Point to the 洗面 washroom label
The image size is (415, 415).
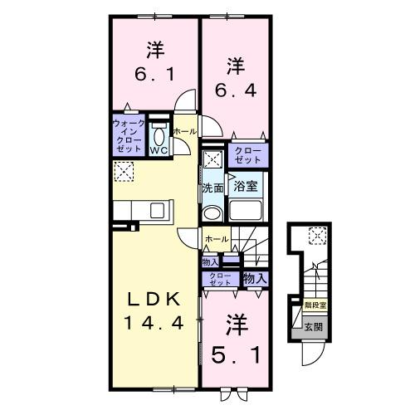coord(212,188)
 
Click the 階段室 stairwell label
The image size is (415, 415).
coord(315,305)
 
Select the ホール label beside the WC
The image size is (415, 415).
coord(184,132)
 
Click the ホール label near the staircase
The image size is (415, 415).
coord(217,239)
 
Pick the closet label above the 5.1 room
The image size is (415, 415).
coord(219,279)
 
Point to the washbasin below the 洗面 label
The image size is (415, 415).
coord(212,211)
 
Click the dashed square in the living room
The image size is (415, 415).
coord(124,172)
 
